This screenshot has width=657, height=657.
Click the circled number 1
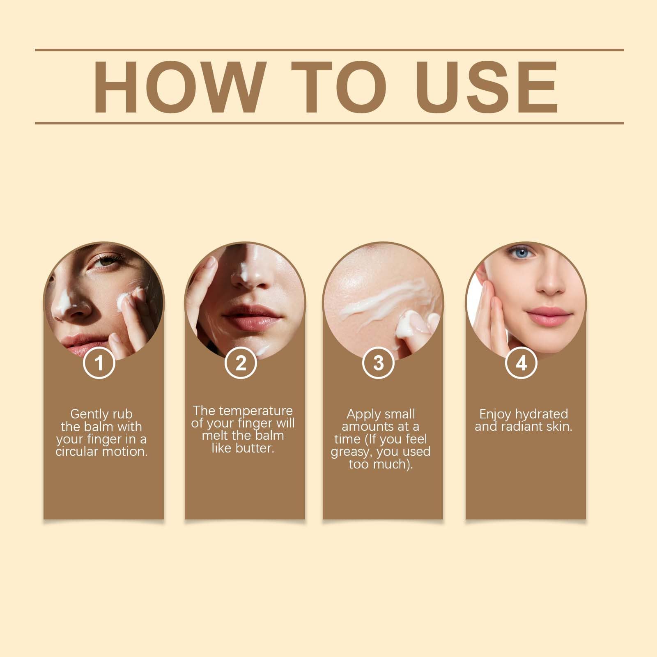pyautogui.click(x=99, y=363)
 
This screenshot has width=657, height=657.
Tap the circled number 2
pyautogui.click(x=241, y=363)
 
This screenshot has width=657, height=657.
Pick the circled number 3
pyautogui.click(x=378, y=363)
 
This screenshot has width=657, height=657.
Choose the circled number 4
pyautogui.click(x=521, y=363)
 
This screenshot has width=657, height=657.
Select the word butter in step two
pyautogui.click(x=254, y=448)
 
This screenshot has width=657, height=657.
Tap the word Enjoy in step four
pyautogui.click(x=495, y=415)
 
